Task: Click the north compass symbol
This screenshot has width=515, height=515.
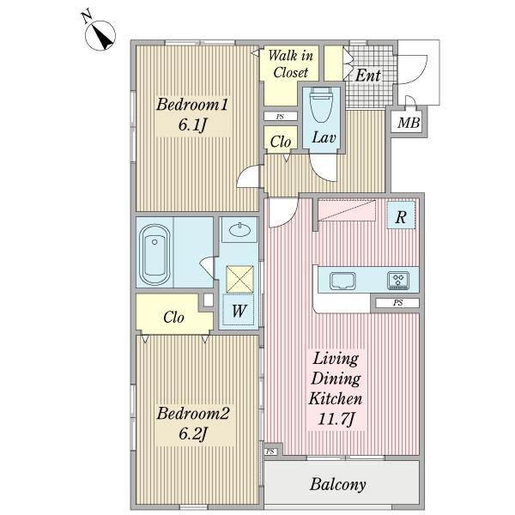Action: coord(100,35)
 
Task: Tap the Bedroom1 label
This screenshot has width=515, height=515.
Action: coord(192,105)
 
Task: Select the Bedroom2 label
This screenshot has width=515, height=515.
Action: coord(193,413)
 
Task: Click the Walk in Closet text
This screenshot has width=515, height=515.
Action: coord(291,64)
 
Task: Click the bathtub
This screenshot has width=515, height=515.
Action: coord(154,255)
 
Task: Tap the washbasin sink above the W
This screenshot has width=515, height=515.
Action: coord(239,230)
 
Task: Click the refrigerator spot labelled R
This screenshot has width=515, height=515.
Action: coord(401,215)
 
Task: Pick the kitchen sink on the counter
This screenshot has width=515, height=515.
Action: coord(342,282)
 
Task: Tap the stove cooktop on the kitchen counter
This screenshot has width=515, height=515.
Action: coord(398,281)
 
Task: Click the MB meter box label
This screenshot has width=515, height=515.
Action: coord(409,123)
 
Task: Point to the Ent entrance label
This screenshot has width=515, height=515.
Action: coord(368,76)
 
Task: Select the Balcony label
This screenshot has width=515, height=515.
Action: coord(338,484)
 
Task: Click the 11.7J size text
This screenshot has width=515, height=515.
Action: coord(336,419)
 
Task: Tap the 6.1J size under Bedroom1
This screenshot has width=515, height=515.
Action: coord(192,124)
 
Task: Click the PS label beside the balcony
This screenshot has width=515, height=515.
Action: coord(270,451)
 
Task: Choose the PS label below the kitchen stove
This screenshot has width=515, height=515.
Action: coord(397,302)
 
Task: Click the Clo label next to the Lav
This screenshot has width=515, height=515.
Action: coord(281,142)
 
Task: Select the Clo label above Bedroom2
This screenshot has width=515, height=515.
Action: coord(173,318)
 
